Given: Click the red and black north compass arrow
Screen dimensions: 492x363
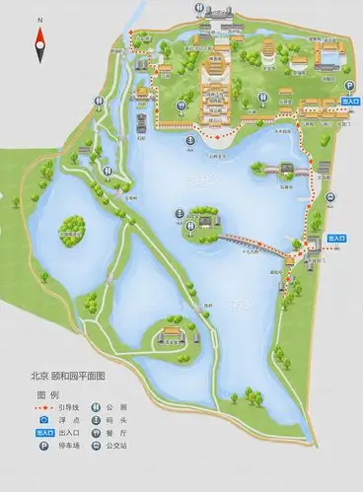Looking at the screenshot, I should click(41, 39).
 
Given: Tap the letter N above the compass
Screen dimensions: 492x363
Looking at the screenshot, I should click(41, 19).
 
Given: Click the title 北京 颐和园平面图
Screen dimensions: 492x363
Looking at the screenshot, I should click(68, 376).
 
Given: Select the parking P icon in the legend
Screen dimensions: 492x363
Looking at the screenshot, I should click(43, 445).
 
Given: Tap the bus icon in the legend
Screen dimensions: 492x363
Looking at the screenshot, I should click(98, 445).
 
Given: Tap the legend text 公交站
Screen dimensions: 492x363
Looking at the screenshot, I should click(122, 445).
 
